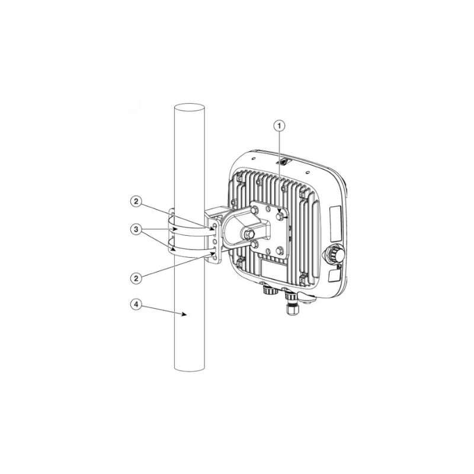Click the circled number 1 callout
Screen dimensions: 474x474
280,125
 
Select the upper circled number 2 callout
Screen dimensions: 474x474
136,201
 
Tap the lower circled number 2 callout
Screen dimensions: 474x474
136,277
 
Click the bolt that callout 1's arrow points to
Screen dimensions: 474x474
279,216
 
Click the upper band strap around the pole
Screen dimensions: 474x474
190,229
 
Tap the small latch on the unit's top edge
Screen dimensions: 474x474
285,160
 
